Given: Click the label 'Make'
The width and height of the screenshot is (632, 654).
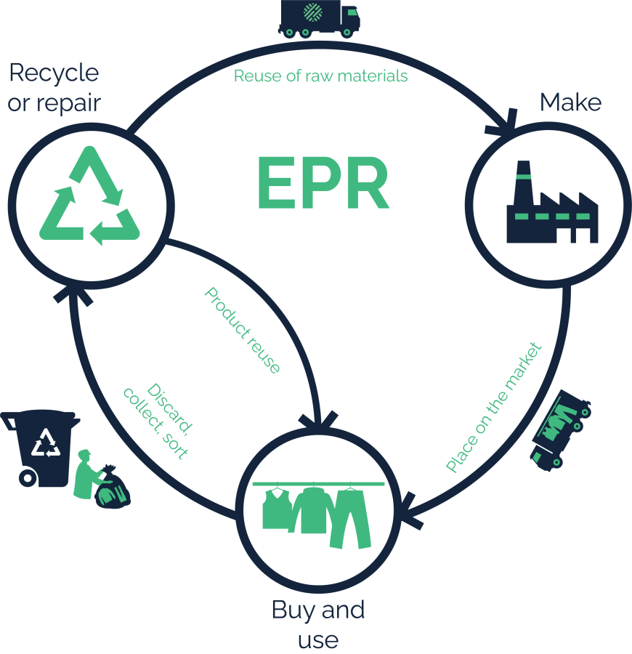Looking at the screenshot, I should tap(570, 102).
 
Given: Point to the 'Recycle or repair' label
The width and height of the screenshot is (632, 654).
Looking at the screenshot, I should tap(54, 87).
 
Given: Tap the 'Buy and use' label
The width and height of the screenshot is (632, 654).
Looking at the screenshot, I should tap(317, 623).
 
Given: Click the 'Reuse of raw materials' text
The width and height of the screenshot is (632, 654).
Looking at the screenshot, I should tap(320, 76).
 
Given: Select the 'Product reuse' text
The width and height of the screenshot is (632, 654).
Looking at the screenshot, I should tap(242, 331).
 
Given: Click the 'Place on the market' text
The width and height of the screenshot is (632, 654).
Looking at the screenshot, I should tap(493, 407).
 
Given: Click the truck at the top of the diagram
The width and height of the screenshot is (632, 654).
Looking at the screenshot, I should tap(319, 18).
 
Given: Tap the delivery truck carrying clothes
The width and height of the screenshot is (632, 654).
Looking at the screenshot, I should tap(559, 429).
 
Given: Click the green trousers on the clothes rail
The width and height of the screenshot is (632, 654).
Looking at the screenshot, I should tap(350, 517).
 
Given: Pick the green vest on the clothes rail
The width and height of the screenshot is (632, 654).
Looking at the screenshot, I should tap(275, 509).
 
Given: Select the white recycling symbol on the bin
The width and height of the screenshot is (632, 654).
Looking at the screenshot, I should tap(48, 442).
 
